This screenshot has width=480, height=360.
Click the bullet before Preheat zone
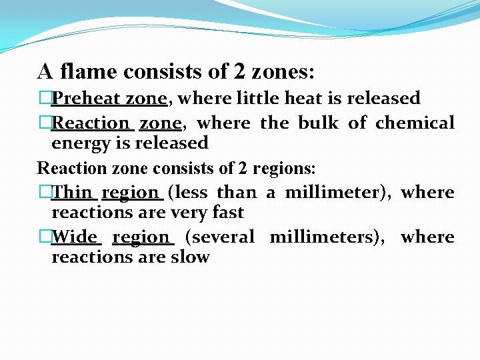[45, 99]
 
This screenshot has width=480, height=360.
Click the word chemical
[415, 123]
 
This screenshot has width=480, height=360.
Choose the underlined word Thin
[73, 193]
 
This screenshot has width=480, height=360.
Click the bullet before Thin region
[45, 193]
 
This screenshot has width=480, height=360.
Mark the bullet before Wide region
[45, 237]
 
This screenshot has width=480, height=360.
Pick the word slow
[191, 257]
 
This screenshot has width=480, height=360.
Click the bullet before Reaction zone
[45, 123]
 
